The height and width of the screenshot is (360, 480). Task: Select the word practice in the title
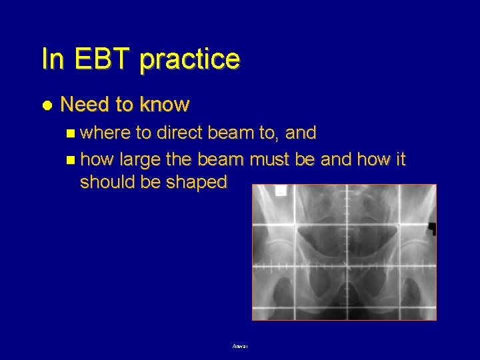[x=190, y=60]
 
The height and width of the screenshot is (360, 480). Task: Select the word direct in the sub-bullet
[x=178, y=133]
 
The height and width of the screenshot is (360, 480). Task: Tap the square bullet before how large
[x=71, y=161]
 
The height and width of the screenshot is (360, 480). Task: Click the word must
[x=273, y=161]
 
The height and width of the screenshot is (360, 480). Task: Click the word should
[x=105, y=182]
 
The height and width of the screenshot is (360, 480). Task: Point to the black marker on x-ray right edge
[x=432, y=229]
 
